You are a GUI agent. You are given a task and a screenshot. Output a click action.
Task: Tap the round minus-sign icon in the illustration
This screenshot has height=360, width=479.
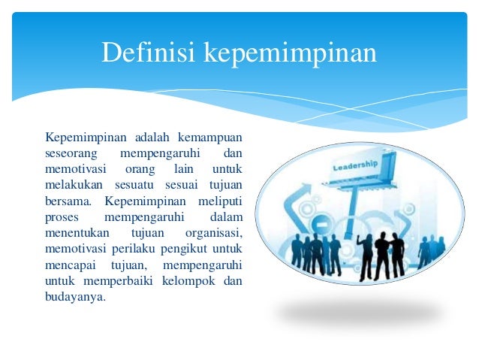click(321, 225)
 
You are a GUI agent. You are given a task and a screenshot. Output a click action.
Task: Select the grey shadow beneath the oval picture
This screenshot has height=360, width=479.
click(360, 314)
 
